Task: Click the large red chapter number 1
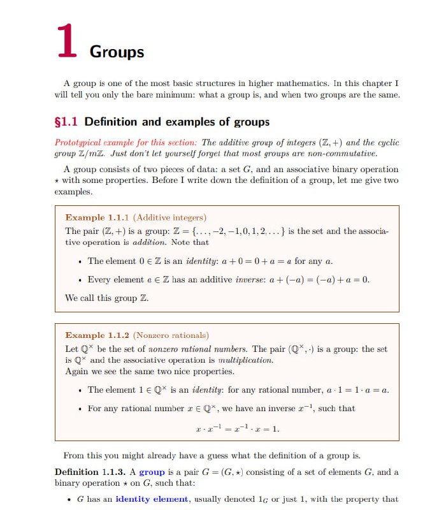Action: pos(66,42)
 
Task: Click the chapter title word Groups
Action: pos(117,52)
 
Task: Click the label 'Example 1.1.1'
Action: pos(91,218)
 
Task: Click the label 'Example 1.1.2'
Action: pos(91,335)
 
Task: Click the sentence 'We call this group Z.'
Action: pos(106,298)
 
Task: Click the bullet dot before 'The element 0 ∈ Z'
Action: pos(78,261)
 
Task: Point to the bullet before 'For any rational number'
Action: pos(78,409)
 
